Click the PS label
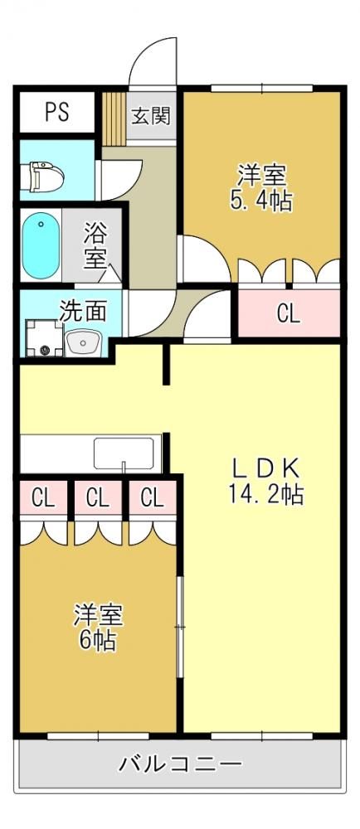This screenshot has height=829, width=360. point(57,112)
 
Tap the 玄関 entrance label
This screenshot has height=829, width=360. point(151,116)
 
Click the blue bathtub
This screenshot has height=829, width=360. point(41,245)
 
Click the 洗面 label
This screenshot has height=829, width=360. point(82,312)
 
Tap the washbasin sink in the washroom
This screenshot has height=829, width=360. point(84,342)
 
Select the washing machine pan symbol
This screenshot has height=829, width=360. point(44,337)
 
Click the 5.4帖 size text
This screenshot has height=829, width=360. point(261,201)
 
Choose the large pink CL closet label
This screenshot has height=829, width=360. point(289,314)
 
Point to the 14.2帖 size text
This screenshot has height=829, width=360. point(266,494)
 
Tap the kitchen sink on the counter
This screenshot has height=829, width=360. point(124,453)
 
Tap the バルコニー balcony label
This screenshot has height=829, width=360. point(181,764)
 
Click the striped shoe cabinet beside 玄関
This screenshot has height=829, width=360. point(113,118)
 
